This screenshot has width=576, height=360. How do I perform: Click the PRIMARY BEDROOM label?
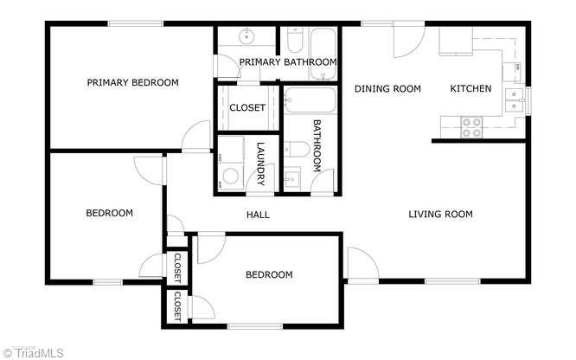point(132,83)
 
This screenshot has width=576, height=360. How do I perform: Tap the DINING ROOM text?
point(387,88)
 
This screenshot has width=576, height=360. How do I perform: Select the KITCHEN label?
point(470,88)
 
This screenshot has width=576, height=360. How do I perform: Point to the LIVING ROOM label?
point(440,215)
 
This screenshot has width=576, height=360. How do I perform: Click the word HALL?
point(258,215)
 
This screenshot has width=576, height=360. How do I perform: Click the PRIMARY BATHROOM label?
point(288,61)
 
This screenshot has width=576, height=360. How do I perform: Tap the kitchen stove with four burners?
point(472,127)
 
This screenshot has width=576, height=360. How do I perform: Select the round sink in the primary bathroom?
point(246,36)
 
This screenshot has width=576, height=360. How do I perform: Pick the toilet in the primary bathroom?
point(292,39)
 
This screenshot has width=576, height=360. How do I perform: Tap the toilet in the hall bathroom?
point(293,154)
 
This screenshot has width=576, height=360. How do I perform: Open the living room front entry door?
point(359,264)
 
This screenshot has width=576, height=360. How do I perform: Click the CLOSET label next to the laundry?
point(246,108)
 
